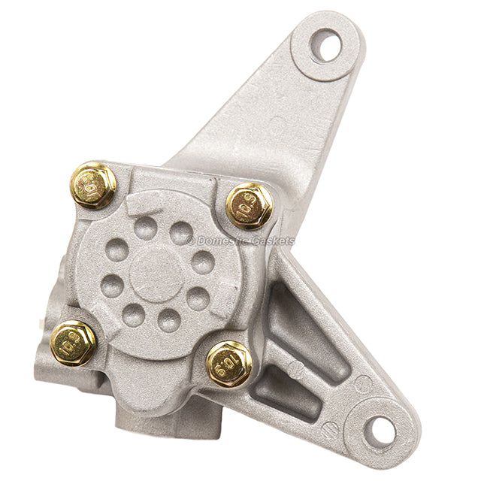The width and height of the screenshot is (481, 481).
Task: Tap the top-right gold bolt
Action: click(249, 204)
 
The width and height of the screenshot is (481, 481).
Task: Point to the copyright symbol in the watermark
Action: click(191, 240)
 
